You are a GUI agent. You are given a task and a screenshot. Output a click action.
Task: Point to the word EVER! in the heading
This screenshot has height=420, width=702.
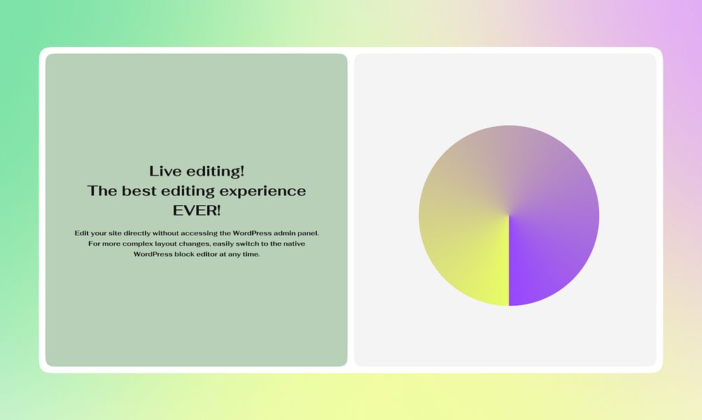click(x=197, y=211)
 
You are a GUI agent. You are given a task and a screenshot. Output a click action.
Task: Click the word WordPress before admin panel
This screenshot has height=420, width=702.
click(x=252, y=233)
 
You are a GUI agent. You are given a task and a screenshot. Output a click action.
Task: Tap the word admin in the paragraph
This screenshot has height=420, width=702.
click(x=284, y=233)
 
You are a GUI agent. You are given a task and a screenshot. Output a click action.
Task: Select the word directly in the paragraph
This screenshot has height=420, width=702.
click(x=137, y=233)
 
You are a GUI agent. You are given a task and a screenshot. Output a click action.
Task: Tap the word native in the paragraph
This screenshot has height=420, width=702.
click(x=294, y=244)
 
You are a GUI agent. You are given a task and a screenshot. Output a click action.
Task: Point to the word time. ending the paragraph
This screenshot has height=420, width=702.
click(x=251, y=254)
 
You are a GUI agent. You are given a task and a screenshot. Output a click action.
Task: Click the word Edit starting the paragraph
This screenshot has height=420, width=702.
click(x=81, y=233)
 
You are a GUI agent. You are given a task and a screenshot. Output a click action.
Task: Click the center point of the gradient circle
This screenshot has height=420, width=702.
click(x=509, y=216)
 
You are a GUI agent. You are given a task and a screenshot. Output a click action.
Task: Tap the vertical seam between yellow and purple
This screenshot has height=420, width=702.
click(x=509, y=261)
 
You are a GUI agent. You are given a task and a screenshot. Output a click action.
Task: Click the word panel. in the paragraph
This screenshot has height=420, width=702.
click(x=308, y=233)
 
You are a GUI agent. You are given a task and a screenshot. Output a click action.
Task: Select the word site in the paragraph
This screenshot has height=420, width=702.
click(x=115, y=233)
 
